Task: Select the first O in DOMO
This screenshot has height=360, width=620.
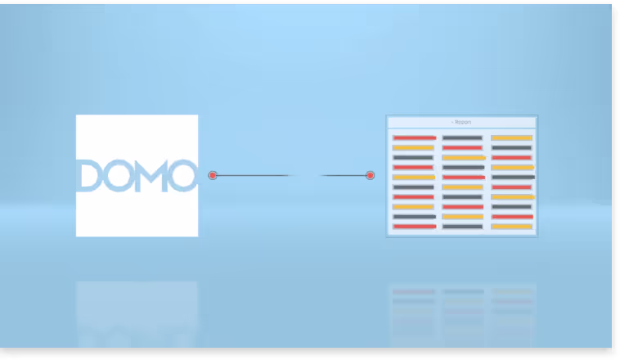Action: [x=117, y=176]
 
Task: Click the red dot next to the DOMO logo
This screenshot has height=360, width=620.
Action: [x=213, y=175]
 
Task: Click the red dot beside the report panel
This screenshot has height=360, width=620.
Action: [x=370, y=175]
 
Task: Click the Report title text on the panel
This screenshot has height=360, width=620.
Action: [x=462, y=122]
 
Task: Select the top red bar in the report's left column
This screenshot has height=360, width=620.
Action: [x=413, y=137]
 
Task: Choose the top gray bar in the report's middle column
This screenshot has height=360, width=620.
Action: [x=462, y=137]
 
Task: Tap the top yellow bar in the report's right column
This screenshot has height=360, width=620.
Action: [x=511, y=137]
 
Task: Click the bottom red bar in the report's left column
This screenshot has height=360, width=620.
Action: [x=413, y=226]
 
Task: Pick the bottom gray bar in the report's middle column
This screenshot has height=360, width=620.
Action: [x=462, y=226]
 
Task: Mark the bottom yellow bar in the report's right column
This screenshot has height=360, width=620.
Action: [x=511, y=226]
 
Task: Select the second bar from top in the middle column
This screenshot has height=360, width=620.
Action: [x=462, y=147]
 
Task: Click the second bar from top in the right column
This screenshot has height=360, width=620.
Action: [x=511, y=147]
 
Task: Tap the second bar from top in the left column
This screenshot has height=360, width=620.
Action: [x=413, y=147]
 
